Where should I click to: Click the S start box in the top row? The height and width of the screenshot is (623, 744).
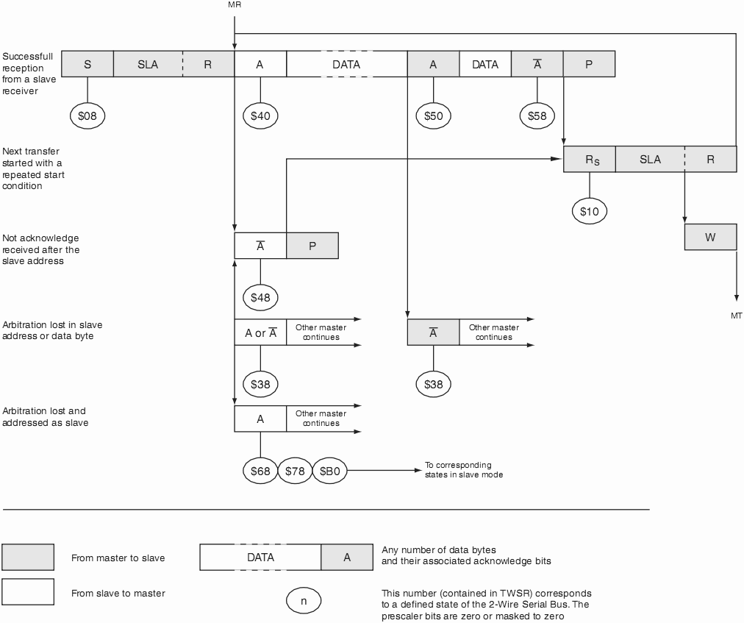click(x=87, y=64)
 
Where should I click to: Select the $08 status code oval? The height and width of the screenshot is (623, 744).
click(x=87, y=115)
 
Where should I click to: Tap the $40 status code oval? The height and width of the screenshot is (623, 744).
click(x=260, y=115)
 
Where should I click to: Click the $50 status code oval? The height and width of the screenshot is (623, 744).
click(x=433, y=115)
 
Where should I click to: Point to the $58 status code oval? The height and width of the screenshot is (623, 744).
click(x=537, y=115)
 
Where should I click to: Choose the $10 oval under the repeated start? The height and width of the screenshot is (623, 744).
click(x=589, y=211)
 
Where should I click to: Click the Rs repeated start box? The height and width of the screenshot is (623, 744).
click(x=589, y=160)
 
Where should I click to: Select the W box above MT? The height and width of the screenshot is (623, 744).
click(x=710, y=237)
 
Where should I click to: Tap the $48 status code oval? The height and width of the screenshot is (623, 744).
click(x=260, y=297)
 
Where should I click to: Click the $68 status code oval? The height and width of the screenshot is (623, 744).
click(x=260, y=471)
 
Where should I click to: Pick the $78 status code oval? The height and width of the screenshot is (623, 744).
click(x=295, y=471)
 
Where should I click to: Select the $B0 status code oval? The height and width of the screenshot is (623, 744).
click(x=330, y=471)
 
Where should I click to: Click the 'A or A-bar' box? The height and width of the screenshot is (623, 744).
click(x=260, y=332)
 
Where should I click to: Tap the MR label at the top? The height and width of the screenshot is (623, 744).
click(x=235, y=5)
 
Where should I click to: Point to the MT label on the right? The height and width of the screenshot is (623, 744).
click(x=736, y=316)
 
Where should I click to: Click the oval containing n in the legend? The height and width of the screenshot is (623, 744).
click(x=304, y=599)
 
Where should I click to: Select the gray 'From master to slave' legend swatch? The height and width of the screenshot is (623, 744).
click(x=28, y=558)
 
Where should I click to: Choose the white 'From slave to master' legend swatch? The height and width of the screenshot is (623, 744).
click(x=28, y=592)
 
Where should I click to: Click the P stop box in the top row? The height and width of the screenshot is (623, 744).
click(x=589, y=64)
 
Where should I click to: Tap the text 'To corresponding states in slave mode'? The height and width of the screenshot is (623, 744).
click(x=463, y=470)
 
